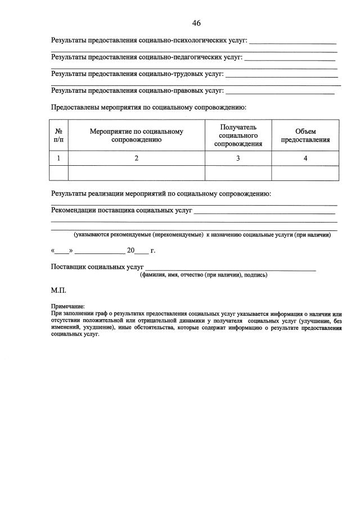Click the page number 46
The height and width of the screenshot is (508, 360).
coord(196,23)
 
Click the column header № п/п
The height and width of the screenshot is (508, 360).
coord(58,135)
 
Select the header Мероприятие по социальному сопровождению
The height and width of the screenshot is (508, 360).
coord(136,135)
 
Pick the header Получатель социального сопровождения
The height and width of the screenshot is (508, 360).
coord(238,135)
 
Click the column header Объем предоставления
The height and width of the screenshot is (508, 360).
coord(305,135)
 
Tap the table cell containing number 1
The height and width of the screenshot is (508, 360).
coord(58,158)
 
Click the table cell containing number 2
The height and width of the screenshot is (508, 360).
coord(136,158)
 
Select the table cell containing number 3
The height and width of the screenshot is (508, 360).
coord(238,158)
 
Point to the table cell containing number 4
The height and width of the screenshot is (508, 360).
coord(305,158)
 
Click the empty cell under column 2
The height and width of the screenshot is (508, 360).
coord(136,173)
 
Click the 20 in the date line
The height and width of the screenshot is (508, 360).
coord(131,251)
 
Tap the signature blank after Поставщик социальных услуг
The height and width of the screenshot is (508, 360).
coord(231,267)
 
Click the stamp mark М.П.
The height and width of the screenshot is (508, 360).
coord(58,291)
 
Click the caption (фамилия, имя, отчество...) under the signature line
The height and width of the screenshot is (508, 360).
coord(204,275)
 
